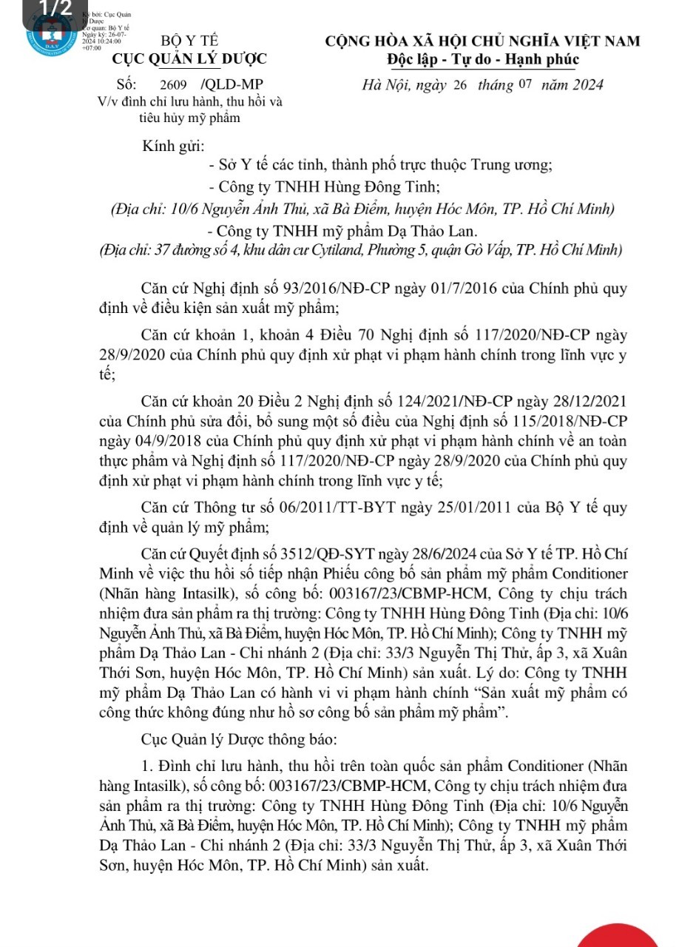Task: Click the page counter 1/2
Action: click(x=57, y=8)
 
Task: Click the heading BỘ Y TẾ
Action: click(x=189, y=41)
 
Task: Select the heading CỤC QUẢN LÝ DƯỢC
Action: click(x=190, y=60)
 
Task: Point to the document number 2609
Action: click(x=183, y=85)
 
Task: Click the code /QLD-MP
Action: click(x=236, y=85)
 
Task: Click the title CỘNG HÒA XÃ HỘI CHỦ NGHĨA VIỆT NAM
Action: click(x=483, y=41)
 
